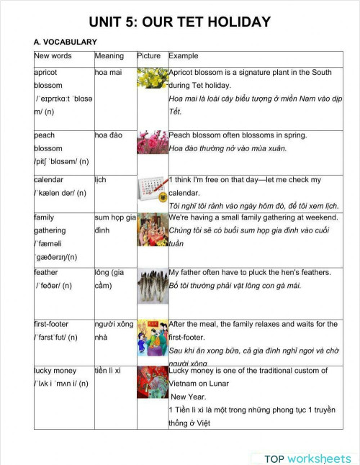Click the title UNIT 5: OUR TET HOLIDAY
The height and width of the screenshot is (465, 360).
(x=180, y=22)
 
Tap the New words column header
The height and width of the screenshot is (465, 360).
(x=53, y=56)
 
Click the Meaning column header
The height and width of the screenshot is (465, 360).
(x=109, y=56)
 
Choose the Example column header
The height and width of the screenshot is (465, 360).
(x=183, y=56)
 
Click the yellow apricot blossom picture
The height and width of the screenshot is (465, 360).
(x=151, y=78)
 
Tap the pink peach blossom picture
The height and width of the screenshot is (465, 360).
(x=151, y=143)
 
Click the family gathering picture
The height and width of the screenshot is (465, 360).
(x=151, y=230)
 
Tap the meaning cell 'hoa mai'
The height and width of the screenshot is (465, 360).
(x=109, y=73)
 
